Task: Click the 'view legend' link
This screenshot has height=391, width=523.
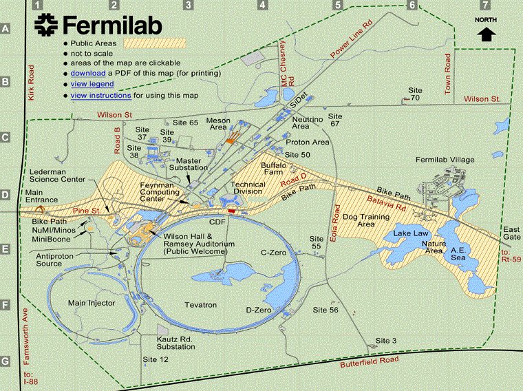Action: tap(92, 84)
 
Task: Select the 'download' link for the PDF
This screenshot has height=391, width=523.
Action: tap(87, 73)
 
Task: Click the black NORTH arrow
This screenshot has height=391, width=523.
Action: tap(487, 34)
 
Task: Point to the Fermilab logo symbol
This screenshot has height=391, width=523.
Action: tap(47, 25)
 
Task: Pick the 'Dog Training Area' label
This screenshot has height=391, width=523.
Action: tap(368, 220)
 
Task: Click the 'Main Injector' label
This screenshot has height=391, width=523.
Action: tap(91, 303)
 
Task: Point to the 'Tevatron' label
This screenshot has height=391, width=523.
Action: tap(200, 304)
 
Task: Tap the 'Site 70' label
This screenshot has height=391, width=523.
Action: tap(414, 94)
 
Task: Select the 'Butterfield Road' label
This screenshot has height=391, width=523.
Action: tap(370, 361)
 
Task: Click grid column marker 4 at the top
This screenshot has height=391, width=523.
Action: tap(262, 6)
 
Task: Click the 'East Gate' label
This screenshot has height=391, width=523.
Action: tap(511, 233)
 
